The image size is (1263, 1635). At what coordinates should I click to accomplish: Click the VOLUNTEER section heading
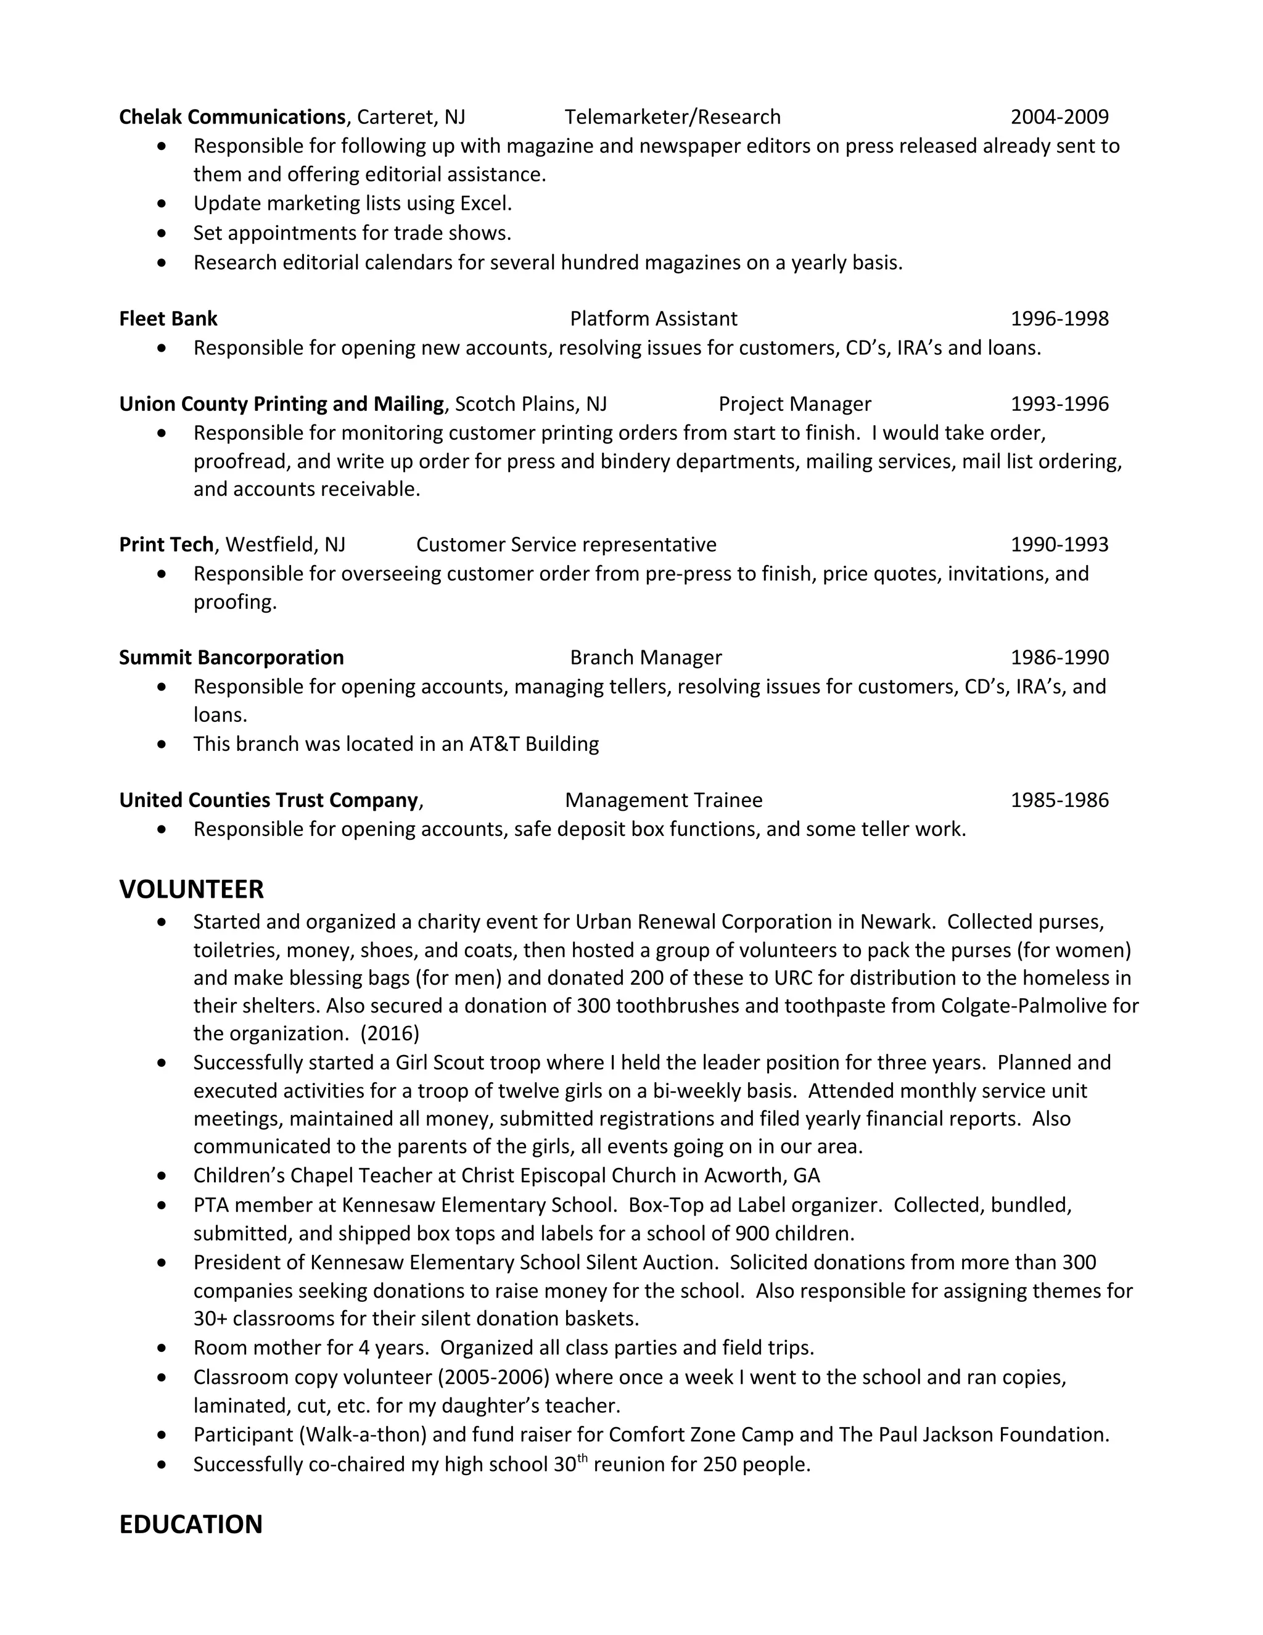[192, 889]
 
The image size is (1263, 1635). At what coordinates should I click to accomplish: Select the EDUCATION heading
[191, 1525]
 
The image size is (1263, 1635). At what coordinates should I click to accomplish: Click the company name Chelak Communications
[232, 117]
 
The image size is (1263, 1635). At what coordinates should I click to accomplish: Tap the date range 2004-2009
[1059, 117]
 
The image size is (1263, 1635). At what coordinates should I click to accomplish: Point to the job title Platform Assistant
[653, 319]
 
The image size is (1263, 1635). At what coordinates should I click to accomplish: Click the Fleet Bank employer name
[168, 319]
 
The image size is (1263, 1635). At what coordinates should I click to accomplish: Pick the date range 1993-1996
[1059, 404]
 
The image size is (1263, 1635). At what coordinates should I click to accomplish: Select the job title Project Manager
[794, 404]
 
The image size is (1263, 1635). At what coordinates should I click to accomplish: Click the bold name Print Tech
[166, 544]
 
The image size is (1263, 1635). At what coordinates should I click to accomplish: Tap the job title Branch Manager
[646, 657]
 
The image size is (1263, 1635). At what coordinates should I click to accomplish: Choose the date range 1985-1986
[1059, 800]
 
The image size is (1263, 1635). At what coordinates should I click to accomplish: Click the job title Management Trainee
[664, 800]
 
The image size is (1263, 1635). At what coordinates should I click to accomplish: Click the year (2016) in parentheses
[390, 1034]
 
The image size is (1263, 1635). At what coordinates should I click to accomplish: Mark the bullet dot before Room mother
[162, 1348]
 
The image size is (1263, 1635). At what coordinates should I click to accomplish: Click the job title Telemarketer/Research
[673, 117]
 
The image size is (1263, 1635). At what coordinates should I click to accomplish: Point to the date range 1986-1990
[1059, 657]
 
